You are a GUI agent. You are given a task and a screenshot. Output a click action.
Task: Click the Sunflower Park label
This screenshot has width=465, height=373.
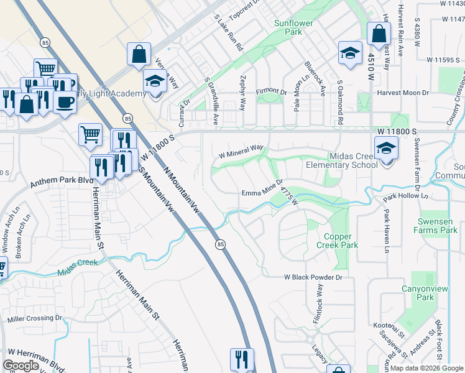[292, 27]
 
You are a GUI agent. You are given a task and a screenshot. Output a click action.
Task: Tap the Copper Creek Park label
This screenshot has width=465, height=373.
[341, 241]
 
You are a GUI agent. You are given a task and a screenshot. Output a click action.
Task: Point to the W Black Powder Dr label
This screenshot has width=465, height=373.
[313, 275]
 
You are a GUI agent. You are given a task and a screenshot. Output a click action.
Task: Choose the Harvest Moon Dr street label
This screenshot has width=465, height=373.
[403, 93]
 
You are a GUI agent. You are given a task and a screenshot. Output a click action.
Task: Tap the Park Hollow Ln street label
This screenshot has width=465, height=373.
[406, 196]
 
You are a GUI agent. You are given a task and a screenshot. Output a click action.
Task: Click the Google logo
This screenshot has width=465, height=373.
[21, 366]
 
